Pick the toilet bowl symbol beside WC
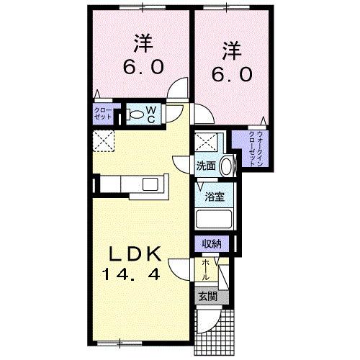[136, 113]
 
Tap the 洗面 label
[207, 166]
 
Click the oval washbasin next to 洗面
[227, 166]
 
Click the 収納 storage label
[211, 245]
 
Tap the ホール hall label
[206, 270]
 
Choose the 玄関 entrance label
[207, 296]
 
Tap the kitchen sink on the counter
[153, 184]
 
